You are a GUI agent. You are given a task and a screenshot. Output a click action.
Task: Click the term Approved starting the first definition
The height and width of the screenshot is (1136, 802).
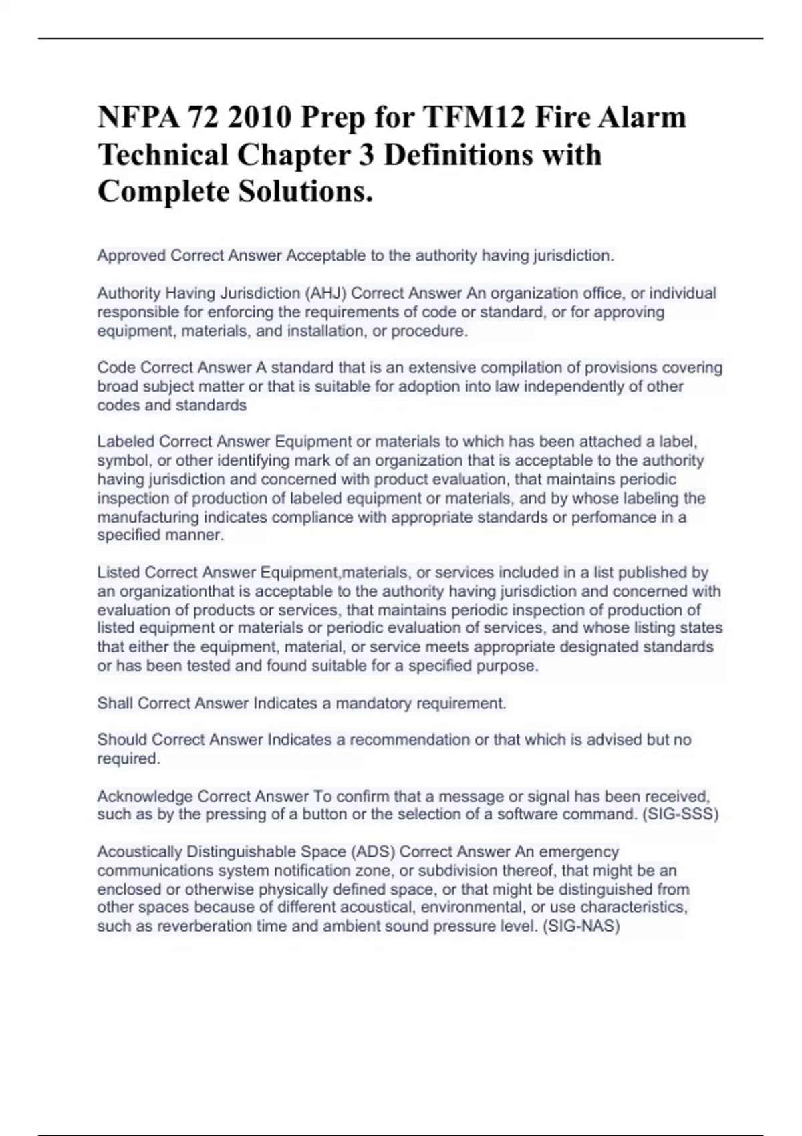131,255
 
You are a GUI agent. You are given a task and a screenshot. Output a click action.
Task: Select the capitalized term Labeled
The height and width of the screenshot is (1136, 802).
126,442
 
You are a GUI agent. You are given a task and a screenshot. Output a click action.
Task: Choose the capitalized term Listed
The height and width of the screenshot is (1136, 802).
119,573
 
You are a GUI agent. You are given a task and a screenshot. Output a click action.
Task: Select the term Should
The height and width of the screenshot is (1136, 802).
122,740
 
